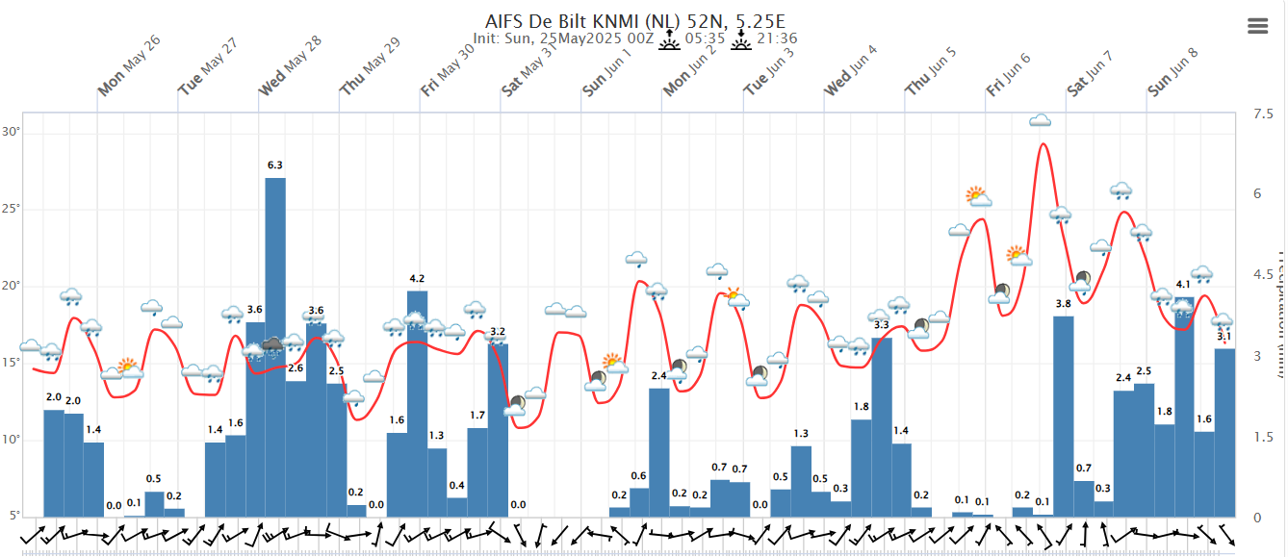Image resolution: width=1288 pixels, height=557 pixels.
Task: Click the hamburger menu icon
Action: (x=1257, y=26)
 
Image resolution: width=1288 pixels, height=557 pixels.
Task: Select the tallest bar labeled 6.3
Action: (x=275, y=346)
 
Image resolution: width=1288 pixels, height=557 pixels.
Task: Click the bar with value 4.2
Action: (x=417, y=404)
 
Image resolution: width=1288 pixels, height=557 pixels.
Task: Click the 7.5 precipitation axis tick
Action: (x=1261, y=114)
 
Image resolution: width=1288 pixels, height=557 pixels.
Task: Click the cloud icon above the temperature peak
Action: (x=1040, y=121)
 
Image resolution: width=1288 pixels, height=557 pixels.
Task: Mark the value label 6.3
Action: (x=275, y=165)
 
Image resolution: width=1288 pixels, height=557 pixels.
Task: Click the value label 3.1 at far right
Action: (x=1224, y=337)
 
